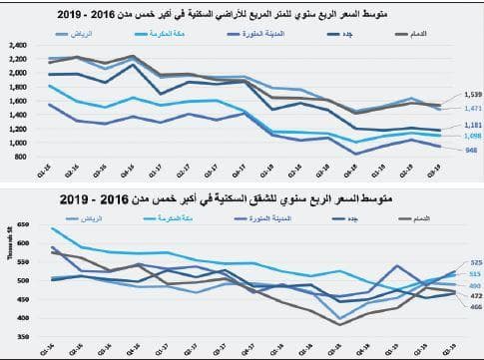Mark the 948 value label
click(x=468, y=150)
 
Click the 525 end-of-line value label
click(x=475, y=262)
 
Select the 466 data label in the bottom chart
click(x=475, y=307)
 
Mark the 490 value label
click(x=475, y=285)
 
